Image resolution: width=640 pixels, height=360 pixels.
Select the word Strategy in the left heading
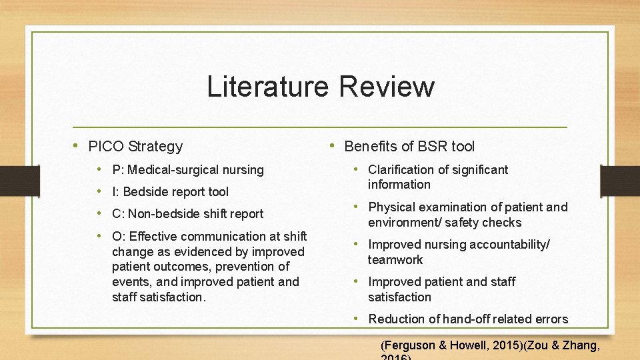click(156, 147)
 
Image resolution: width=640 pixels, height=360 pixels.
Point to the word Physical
click(390, 207)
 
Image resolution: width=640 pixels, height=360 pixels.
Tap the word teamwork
click(395, 260)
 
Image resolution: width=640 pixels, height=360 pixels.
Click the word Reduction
click(398, 319)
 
